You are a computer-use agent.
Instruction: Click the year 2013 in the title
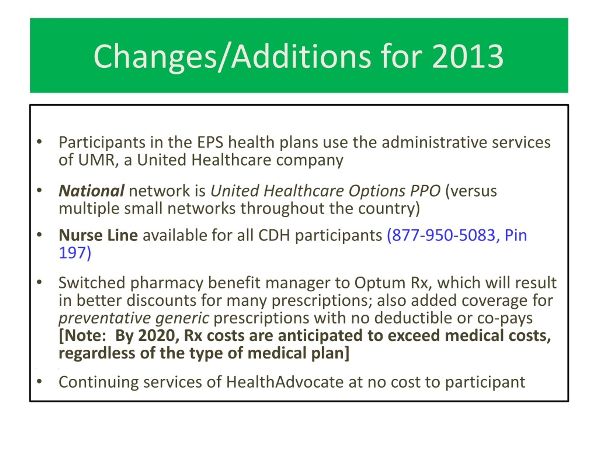click(x=468, y=56)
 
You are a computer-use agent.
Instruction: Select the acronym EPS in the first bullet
click(x=210, y=142)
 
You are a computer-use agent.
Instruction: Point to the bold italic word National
click(x=92, y=191)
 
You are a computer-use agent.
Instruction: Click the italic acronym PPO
click(x=425, y=191)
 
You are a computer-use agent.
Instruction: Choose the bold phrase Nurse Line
click(x=98, y=235)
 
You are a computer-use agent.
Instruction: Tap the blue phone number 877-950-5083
click(x=444, y=235)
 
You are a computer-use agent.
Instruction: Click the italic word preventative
click(x=105, y=318)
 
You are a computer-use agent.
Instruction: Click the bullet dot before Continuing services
click(x=39, y=381)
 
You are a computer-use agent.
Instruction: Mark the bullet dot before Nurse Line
click(x=39, y=235)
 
